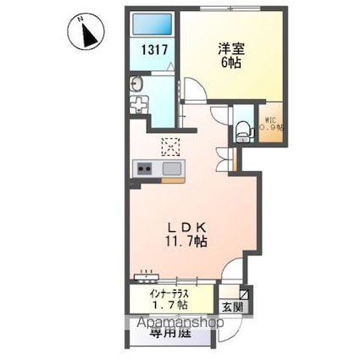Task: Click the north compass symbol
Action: click(x=86, y=36)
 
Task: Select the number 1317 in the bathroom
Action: click(x=154, y=50)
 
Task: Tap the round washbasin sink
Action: click(x=136, y=85)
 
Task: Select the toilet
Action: click(x=244, y=128)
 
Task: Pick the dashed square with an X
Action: click(x=171, y=147)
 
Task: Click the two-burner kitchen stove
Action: click(x=143, y=169)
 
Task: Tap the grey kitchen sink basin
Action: click(x=171, y=169)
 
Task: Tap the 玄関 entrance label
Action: click(x=232, y=307)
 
